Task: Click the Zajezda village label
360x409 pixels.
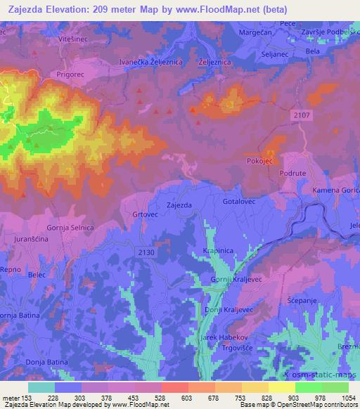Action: pos(179,205)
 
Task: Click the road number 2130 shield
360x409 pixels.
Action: pos(146,252)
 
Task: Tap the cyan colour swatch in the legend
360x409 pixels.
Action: pos(41,387)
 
